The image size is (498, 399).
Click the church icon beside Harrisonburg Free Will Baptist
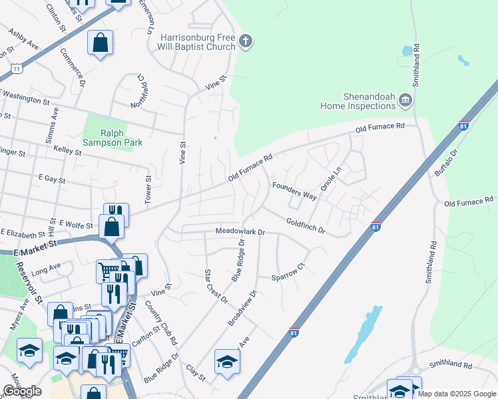point(246,41)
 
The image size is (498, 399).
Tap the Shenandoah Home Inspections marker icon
point(405,101)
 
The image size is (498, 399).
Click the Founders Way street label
point(293,191)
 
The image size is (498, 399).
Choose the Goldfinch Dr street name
point(305,226)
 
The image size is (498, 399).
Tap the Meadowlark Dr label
point(240,232)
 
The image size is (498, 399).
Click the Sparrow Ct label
point(288,271)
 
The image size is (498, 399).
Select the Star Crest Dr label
point(216,285)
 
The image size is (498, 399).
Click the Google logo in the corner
point(22,391)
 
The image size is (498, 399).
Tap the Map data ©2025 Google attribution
point(456,394)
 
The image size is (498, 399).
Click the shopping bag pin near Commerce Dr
point(100,43)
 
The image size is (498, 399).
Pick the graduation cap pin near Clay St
point(227,362)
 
